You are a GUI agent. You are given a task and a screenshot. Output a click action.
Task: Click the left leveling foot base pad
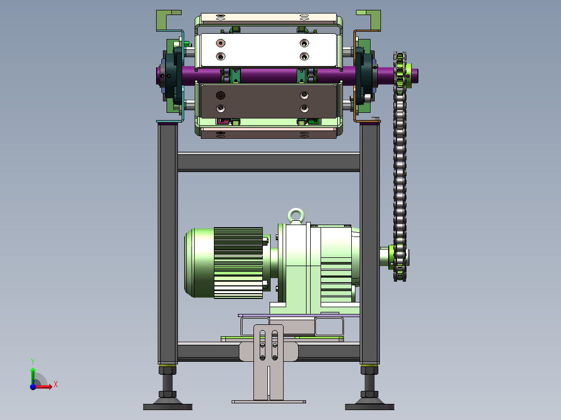(x=168, y=406)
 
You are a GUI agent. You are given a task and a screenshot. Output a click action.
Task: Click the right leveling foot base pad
(x=369, y=406)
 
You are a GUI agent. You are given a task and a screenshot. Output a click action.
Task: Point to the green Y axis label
(x=33, y=362)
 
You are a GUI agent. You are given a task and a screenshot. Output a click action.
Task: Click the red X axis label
(x=56, y=385)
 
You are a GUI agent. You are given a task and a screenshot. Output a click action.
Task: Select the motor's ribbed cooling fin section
(x=238, y=262)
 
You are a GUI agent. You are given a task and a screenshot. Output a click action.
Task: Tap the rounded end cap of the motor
(x=199, y=262)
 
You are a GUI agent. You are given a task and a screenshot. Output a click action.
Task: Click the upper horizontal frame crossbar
(x=269, y=162)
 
